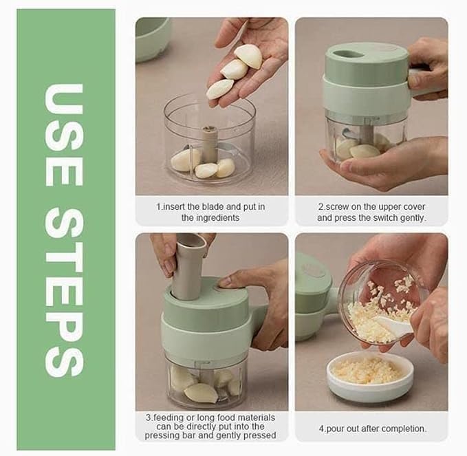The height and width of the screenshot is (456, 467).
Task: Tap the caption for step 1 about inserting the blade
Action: (211, 212)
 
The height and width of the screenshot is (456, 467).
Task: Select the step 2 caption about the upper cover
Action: (371, 212)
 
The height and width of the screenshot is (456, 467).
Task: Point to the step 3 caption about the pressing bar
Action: (211, 426)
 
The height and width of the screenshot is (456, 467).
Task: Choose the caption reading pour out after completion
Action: (372, 428)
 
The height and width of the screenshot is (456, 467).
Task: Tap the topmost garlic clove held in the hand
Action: (248, 56)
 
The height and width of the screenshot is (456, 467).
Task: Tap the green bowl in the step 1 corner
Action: (152, 38)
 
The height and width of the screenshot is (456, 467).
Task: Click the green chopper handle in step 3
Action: (259, 323)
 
